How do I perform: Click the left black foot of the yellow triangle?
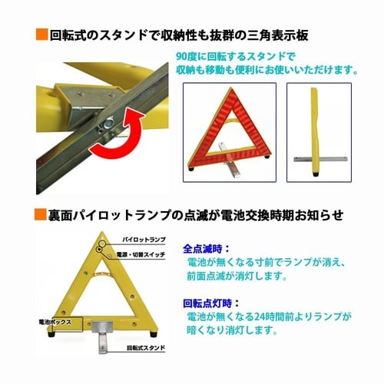(47, 334)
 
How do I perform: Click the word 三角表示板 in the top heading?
(285, 35)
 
